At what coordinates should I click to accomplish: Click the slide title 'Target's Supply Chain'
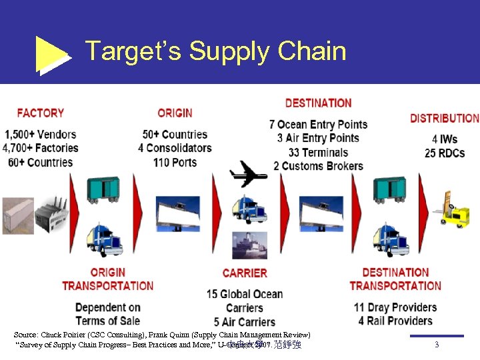click(215, 51)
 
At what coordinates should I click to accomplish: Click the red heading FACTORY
click(41, 113)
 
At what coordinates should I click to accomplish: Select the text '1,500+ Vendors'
click(40, 135)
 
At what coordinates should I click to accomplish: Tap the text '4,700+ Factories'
click(40, 148)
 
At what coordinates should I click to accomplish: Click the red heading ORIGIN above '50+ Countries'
click(175, 113)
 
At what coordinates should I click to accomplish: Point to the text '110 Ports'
click(175, 162)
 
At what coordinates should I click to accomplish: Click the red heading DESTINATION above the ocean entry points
click(318, 103)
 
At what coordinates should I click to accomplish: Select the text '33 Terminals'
click(318, 152)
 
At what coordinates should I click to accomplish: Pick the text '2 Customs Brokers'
click(318, 166)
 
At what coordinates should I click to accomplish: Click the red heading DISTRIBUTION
click(444, 118)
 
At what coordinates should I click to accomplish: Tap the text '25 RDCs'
click(444, 153)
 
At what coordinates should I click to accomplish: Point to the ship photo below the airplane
click(249, 245)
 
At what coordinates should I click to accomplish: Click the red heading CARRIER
click(245, 273)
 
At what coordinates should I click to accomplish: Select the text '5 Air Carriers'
click(245, 322)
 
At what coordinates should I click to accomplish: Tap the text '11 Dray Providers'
click(395, 307)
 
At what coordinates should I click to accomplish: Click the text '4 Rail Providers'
click(395, 321)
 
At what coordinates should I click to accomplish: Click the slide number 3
click(436, 345)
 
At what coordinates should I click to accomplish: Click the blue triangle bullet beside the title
click(52, 53)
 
